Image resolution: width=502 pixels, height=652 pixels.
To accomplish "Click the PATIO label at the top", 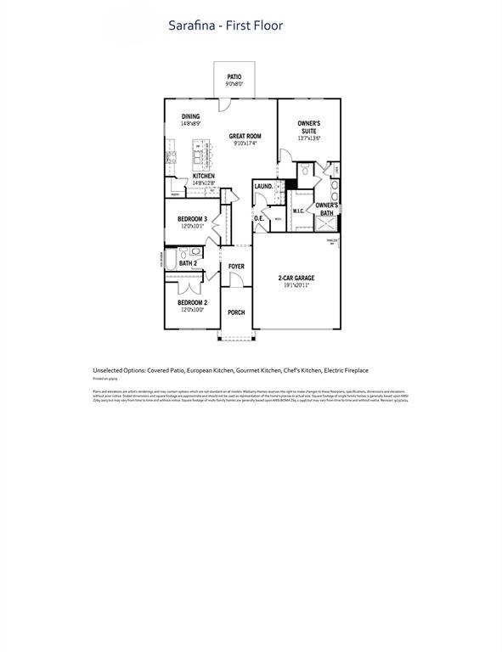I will [234, 76].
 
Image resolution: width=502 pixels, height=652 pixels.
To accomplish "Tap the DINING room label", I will [191, 116].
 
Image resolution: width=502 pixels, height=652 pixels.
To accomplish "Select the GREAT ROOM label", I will [245, 136].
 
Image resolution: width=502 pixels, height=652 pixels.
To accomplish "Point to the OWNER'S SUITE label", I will [308, 126].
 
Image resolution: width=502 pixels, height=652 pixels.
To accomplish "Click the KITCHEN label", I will [203, 176].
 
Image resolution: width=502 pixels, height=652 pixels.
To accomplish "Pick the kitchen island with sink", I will [201, 154].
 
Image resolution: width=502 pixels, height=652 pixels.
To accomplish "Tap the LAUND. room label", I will [263, 186].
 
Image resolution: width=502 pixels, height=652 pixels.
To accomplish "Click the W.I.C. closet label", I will [299, 211].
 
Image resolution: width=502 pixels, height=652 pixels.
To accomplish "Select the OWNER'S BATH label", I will [327, 209].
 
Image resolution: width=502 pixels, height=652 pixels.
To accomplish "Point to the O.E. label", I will [260, 219].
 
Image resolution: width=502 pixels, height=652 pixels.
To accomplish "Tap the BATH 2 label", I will [188, 264].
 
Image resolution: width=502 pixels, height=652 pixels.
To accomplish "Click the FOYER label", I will [236, 267].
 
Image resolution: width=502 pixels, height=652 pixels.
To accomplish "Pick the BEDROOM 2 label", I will [192, 302].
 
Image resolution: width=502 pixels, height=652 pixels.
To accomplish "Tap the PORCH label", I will [236, 312].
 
